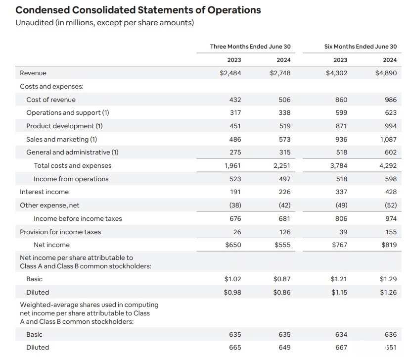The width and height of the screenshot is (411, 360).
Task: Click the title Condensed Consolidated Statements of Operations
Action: pyautogui.click(x=138, y=10)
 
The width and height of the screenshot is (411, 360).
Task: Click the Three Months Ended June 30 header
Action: pyautogui.click(x=250, y=47)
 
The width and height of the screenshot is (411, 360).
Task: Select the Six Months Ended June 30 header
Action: pyautogui.click(x=361, y=47)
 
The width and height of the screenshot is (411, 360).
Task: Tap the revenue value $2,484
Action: pyautogui.click(x=230, y=73)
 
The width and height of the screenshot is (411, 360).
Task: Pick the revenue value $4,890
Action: pyautogui.click(x=386, y=73)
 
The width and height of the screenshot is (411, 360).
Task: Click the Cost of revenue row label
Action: pyautogui.click(x=51, y=100)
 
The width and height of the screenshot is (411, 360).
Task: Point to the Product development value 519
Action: pyautogui.click(x=285, y=126)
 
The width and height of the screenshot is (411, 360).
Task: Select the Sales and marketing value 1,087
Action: pyautogui.click(x=388, y=139)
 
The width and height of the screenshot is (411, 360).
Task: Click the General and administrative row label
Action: pyautogui.click(x=72, y=152)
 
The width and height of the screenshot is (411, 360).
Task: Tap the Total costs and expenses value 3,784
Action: pyautogui.click(x=339, y=166)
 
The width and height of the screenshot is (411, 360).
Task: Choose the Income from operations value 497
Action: pyautogui.click(x=285, y=179)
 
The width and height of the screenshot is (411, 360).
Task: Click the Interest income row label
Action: pyautogui.click(x=45, y=192)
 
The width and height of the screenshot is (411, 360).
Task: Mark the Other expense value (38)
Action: pyautogui.click(x=235, y=205)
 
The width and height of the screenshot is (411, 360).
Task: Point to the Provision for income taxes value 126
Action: pyautogui.click(x=285, y=232)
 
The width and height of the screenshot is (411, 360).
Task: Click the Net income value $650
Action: pyautogui.click(x=233, y=245)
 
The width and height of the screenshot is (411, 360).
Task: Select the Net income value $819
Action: pyautogui.click(x=389, y=245)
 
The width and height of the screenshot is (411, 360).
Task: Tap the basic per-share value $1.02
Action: pyautogui.click(x=232, y=279)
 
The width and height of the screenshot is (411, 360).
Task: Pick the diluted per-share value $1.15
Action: pyautogui.click(x=339, y=292)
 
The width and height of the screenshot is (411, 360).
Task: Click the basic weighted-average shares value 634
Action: pyautogui.click(x=341, y=335)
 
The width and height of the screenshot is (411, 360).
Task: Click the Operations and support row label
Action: pyautogui.click(x=68, y=112)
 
